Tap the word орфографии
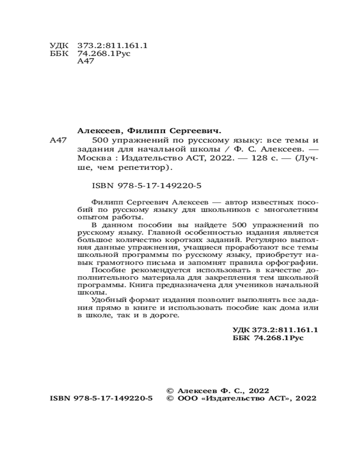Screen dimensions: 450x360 tap(294, 263)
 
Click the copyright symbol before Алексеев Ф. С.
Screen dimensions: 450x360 tap(170, 391)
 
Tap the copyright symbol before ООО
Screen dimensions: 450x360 tap(170, 398)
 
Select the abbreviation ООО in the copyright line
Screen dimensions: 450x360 tap(187, 398)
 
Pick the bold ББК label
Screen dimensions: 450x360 tap(241, 338)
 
